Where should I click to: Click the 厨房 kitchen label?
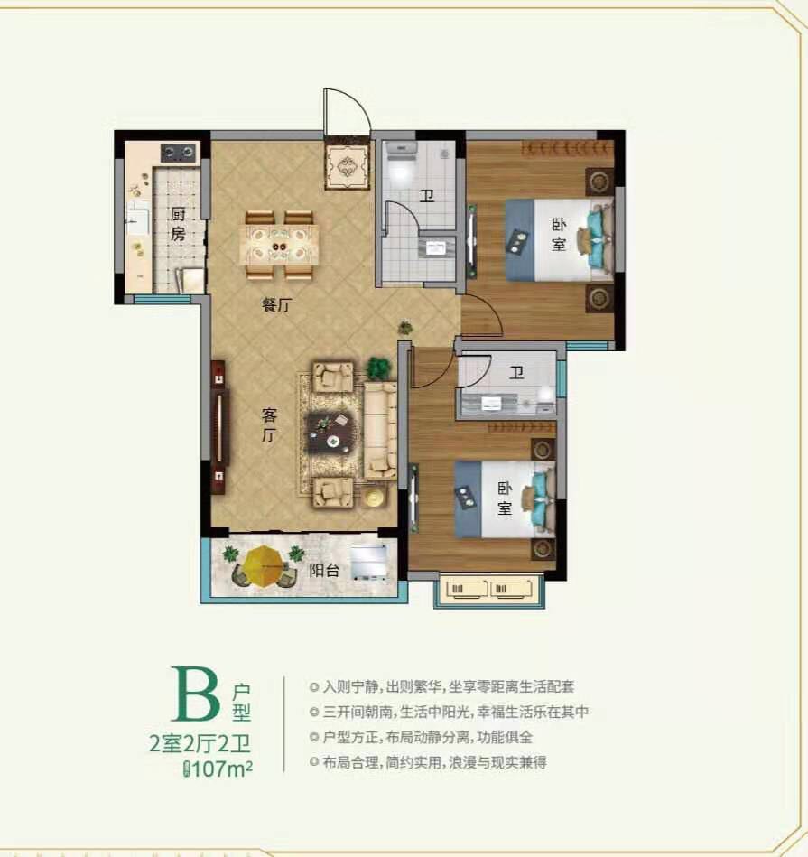[178, 224]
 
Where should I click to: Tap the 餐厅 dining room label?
[277, 305]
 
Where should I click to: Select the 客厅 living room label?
[269, 424]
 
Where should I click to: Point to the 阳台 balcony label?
[324, 570]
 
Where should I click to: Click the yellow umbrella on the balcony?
[264, 565]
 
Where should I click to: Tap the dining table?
[279, 246]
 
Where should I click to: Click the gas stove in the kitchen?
[179, 153]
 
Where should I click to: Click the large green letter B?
[196, 694]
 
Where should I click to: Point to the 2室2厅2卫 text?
[200, 744]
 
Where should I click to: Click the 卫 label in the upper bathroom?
[427, 195]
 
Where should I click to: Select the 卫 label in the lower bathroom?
[516, 373]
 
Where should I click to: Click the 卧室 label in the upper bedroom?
[558, 234]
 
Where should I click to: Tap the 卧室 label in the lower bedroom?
[505, 498]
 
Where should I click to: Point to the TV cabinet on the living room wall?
[218, 427]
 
